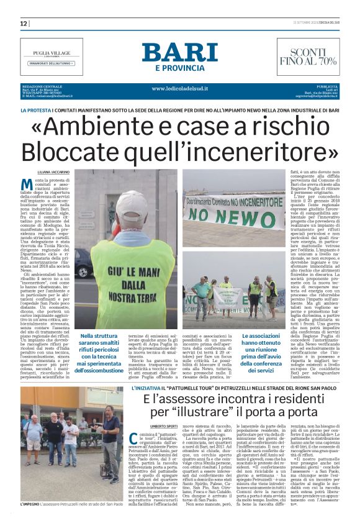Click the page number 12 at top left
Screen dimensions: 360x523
[24, 24]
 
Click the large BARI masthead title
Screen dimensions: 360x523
[178, 52]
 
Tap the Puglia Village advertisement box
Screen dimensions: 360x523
[51, 57]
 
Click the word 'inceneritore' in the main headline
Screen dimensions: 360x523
[252, 151]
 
